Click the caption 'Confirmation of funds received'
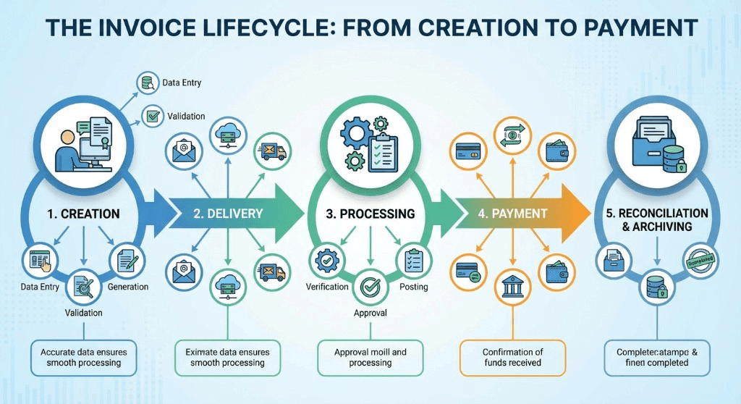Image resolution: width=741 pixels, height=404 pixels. pos(512,357)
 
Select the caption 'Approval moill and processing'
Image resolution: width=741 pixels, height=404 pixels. pos(370,357)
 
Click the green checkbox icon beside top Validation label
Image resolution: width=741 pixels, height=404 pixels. pos(152,115)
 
